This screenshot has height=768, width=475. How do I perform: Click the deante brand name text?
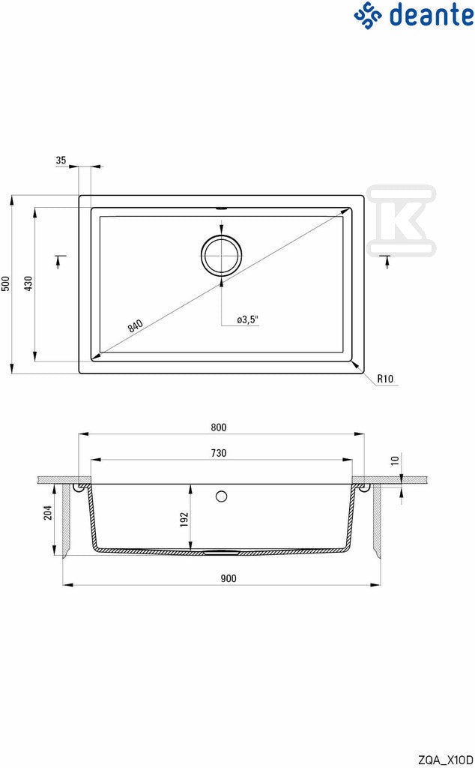[431, 15]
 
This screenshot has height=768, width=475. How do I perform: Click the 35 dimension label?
[61, 160]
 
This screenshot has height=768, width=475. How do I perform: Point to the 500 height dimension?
[5, 283]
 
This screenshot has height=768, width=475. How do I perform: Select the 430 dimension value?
[28, 283]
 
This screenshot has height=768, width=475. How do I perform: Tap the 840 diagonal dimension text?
[136, 325]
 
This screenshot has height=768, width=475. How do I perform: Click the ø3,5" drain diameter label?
[247, 319]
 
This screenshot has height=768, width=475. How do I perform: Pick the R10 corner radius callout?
[385, 379]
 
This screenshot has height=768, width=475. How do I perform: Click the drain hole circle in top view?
[222, 254]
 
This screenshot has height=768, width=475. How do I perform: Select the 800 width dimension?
[219, 427]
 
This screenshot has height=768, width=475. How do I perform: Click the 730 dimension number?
[219, 453]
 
